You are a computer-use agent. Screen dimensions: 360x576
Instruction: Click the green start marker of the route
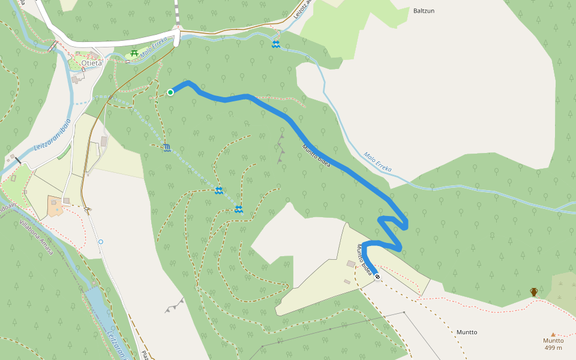(x=170, y=92)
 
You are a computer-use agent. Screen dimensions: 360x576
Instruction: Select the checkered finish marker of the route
(x=377, y=276)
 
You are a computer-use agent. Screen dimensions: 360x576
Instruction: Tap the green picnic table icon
(x=134, y=54)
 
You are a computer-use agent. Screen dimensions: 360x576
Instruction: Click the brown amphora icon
(x=534, y=292)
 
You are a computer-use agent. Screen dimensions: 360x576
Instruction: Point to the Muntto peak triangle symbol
(x=553, y=335)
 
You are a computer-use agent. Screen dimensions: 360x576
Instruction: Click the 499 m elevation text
(x=553, y=347)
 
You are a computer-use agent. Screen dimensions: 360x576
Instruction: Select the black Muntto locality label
(x=467, y=332)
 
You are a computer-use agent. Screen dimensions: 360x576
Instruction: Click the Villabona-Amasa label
(x=37, y=237)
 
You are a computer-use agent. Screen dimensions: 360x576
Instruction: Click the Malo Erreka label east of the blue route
(x=377, y=161)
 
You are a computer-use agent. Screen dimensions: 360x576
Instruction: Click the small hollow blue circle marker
(x=101, y=242)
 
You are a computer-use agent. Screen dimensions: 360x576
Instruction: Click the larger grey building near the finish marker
(x=351, y=264)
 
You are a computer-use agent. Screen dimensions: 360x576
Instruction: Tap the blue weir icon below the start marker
(x=166, y=148)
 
